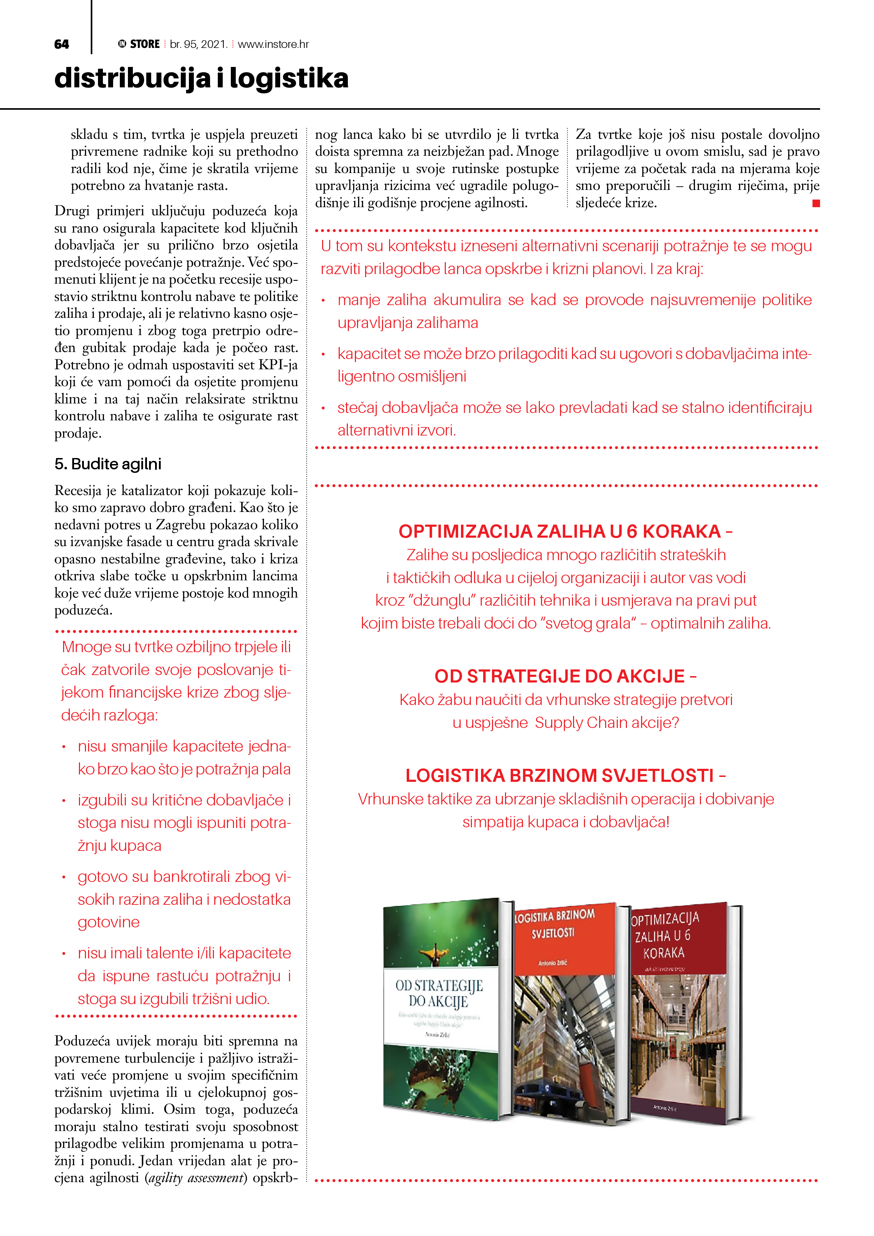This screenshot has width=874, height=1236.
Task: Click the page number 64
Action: [x=61, y=44]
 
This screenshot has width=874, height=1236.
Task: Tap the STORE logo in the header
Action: [x=140, y=44]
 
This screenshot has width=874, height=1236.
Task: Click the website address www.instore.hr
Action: [x=273, y=44]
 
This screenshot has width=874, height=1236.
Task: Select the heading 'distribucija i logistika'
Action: [x=201, y=78]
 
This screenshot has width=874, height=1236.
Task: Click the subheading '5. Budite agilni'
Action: [x=108, y=464]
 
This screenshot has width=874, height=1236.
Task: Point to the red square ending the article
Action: [x=816, y=203]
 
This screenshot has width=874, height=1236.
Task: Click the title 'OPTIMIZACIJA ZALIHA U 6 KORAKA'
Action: [x=560, y=531]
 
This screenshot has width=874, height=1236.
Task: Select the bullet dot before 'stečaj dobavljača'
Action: [x=323, y=408]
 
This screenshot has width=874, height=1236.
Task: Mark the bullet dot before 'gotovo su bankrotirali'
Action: [x=63, y=877]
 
